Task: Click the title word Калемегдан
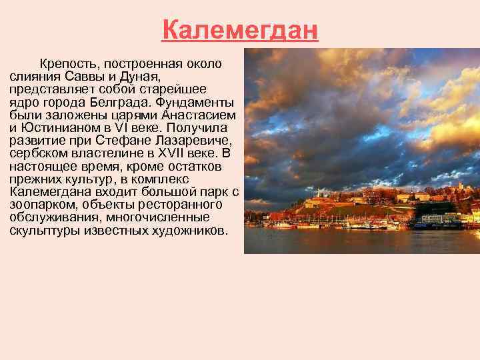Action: [240, 31]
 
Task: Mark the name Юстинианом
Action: [55, 127]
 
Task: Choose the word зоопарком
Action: [42, 205]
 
